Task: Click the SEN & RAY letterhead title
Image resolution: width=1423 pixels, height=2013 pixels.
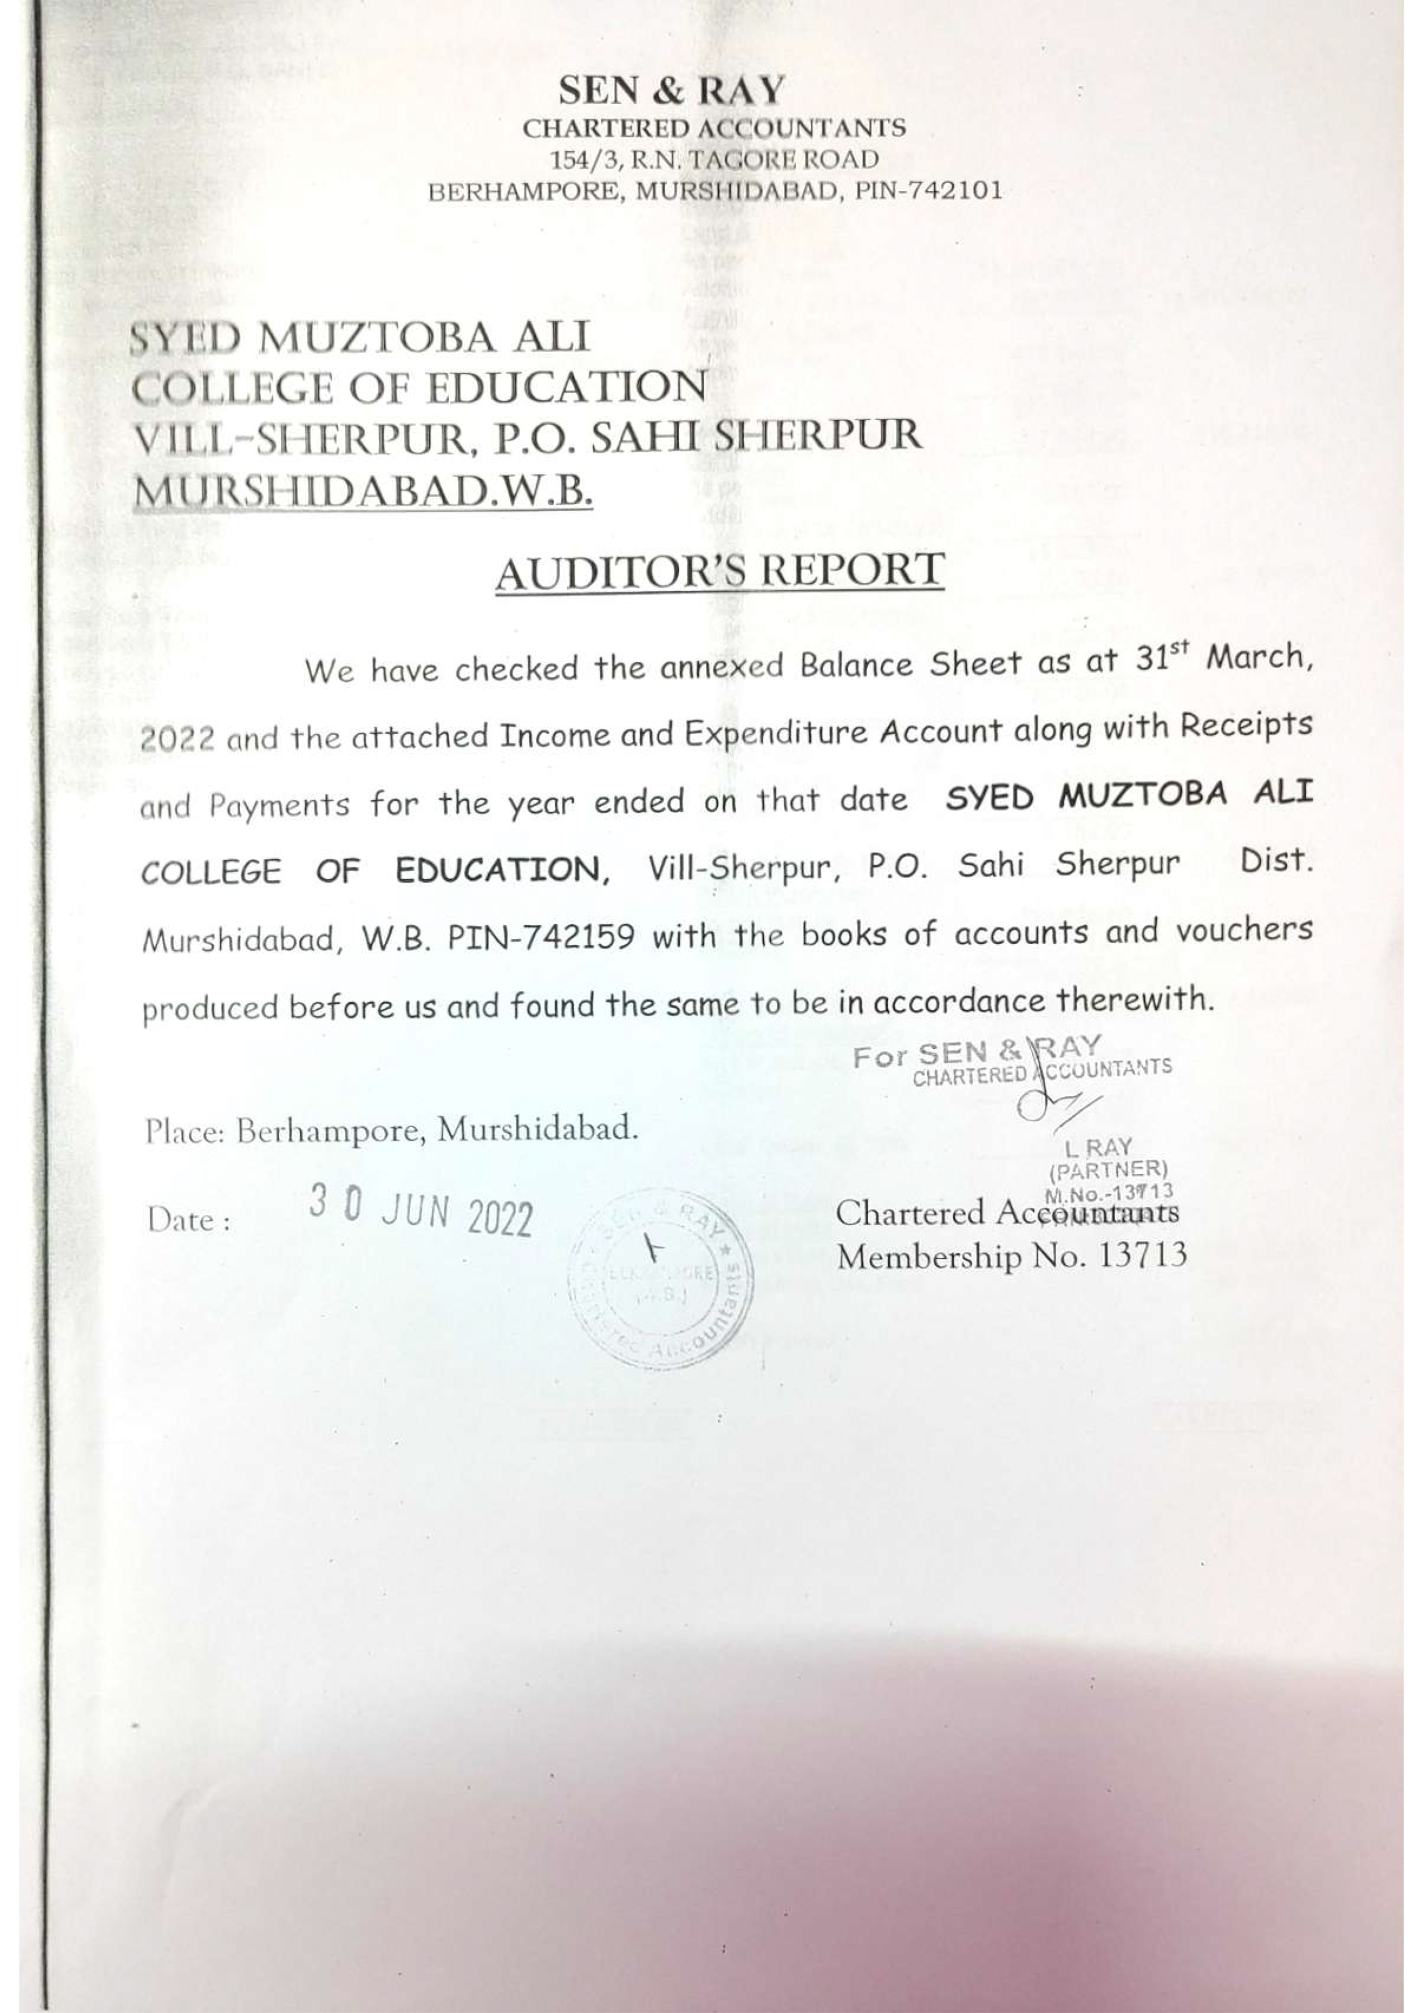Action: tap(672, 90)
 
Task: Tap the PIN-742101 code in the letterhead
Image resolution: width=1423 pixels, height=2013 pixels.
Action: tap(929, 192)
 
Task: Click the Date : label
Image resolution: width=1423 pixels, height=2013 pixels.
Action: tap(189, 1220)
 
